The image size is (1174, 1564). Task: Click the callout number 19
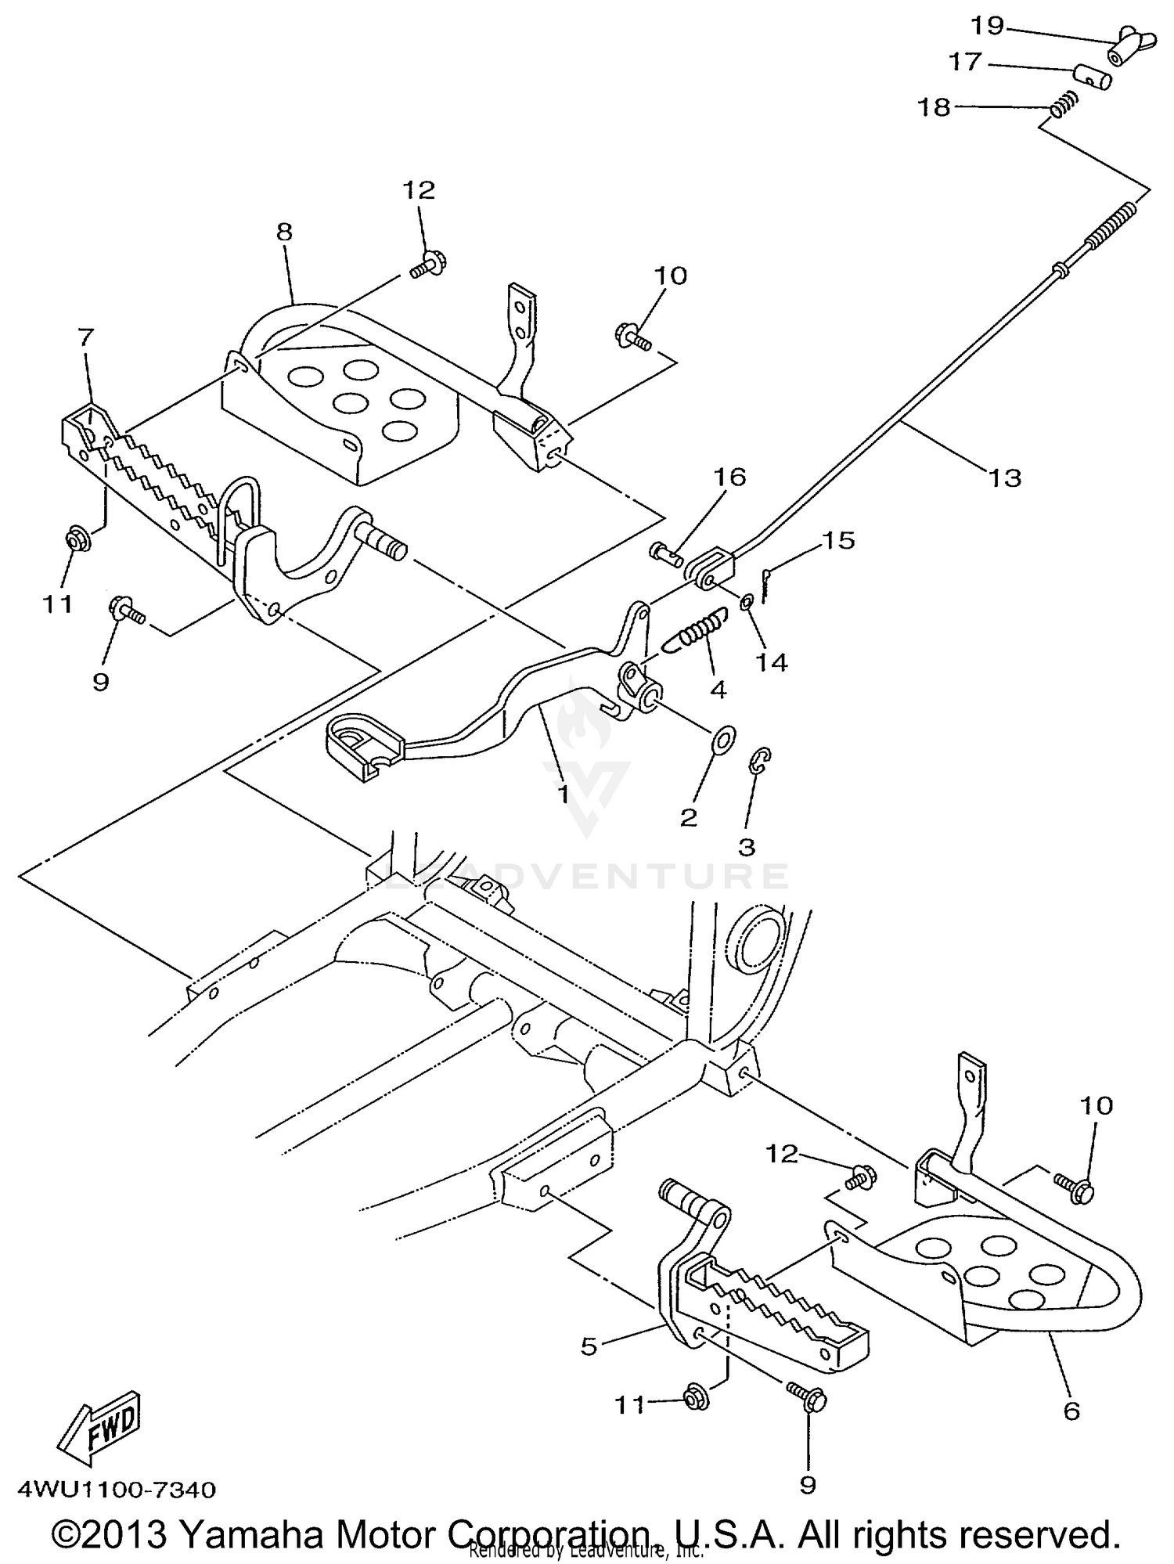pyautogui.click(x=987, y=26)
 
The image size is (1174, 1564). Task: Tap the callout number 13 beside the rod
pyautogui.click(x=1005, y=477)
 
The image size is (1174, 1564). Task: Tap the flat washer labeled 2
pyautogui.click(x=725, y=737)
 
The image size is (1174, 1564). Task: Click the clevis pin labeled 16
pyautogui.click(x=665, y=553)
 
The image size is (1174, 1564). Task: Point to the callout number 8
pyautogui.click(x=284, y=231)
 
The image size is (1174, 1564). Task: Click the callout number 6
pyautogui.click(x=1071, y=1410)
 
